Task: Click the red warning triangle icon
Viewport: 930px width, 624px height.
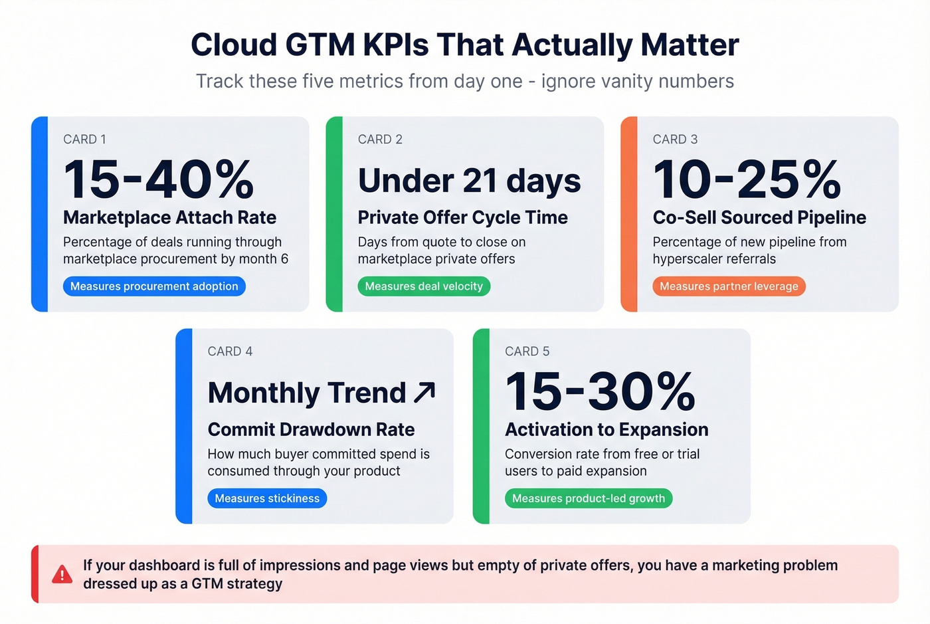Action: coord(62,574)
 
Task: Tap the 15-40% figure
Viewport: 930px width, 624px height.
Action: coord(159,179)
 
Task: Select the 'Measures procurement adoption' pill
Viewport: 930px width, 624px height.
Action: coord(154,286)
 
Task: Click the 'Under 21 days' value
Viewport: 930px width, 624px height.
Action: coord(469,181)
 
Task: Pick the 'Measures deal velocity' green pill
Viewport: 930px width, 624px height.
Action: coord(424,286)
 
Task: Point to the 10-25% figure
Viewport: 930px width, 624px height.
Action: coord(747,179)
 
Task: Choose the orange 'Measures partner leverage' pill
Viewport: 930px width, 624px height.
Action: coord(729,286)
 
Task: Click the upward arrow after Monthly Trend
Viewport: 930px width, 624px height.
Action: coord(424,392)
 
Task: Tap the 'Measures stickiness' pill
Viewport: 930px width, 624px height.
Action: coord(267,498)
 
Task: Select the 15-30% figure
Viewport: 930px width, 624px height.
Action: coord(600,391)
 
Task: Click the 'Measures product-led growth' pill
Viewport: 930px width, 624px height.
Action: coord(589,498)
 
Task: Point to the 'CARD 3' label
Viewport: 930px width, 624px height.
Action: coord(675,140)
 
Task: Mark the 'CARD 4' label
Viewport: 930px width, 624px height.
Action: coord(230,352)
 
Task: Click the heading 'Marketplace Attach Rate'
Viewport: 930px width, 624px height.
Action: coord(169,218)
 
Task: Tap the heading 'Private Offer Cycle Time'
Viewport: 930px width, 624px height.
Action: coord(462,218)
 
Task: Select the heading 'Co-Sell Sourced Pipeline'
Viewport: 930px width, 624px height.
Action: coord(759,218)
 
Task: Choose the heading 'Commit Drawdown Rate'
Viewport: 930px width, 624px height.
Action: coord(311,430)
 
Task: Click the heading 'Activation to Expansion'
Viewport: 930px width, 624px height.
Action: coord(606,430)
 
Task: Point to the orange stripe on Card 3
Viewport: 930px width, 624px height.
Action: coord(629,214)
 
